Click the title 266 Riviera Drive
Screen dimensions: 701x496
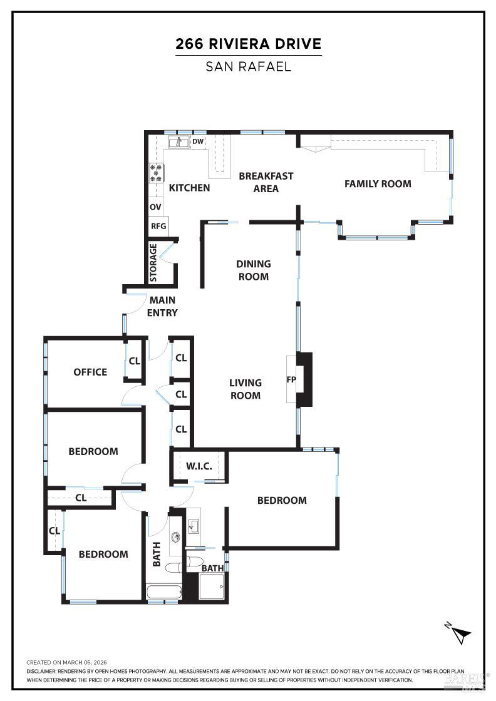click(x=248, y=44)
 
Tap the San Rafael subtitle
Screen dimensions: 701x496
click(x=248, y=66)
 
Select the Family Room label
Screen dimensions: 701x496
click(x=378, y=184)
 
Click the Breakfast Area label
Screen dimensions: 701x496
click(x=266, y=182)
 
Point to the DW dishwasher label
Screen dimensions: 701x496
click(x=197, y=142)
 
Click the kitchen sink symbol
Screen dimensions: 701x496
click(x=178, y=142)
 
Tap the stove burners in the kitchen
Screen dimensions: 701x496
click(x=156, y=172)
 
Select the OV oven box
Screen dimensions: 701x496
click(x=155, y=207)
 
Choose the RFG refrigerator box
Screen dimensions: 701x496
click(x=158, y=226)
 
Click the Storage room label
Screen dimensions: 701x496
click(x=153, y=262)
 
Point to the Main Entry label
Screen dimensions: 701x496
click(x=162, y=307)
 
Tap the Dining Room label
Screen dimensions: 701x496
click(x=253, y=270)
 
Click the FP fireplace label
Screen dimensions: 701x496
click(x=291, y=379)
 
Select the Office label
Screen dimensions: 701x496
click(x=90, y=372)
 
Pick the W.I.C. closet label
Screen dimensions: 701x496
click(x=199, y=466)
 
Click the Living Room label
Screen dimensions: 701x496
click(x=245, y=389)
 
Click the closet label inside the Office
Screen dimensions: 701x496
click(x=134, y=361)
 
